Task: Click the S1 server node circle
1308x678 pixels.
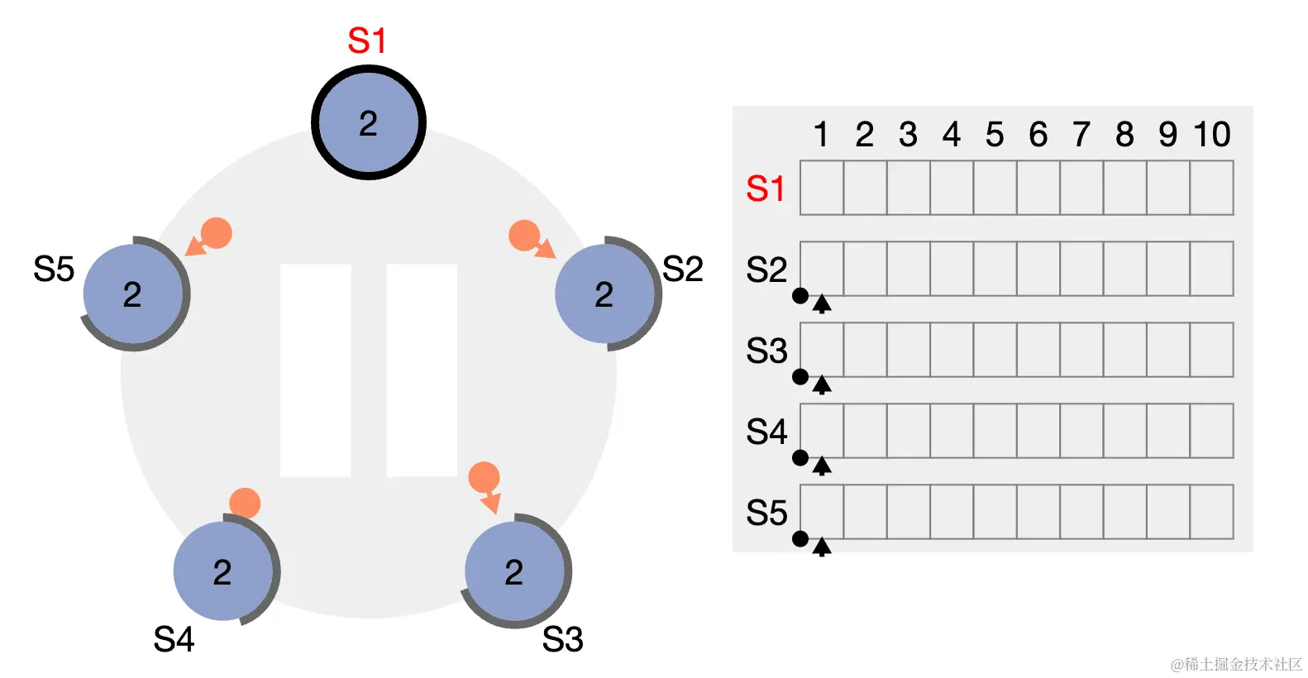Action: pos(369,123)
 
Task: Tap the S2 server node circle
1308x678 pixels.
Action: pos(604,294)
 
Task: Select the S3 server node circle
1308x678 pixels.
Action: pos(514,571)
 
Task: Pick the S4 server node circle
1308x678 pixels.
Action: pos(222,571)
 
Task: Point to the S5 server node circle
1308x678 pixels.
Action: pos(132,294)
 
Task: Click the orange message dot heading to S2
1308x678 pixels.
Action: pos(524,236)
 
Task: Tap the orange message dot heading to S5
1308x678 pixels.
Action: pos(217,233)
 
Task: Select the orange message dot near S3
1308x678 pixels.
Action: pos(484,477)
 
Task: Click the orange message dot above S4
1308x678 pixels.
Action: pos(245,503)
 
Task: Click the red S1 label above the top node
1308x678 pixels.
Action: pos(366,41)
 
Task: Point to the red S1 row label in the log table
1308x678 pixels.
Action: pos(766,189)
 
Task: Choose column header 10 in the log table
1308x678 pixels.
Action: pos(1211,134)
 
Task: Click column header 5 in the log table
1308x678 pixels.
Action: pos(995,134)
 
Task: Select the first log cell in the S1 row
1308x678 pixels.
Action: pos(822,189)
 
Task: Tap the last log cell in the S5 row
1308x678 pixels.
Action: pos(1211,512)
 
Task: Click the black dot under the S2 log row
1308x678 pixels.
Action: pos(800,295)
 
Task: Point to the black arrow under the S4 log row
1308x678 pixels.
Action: pos(821,466)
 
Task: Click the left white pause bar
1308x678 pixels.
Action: pos(316,370)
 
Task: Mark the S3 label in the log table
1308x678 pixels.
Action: pos(766,351)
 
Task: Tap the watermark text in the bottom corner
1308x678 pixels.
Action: pos(1236,664)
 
